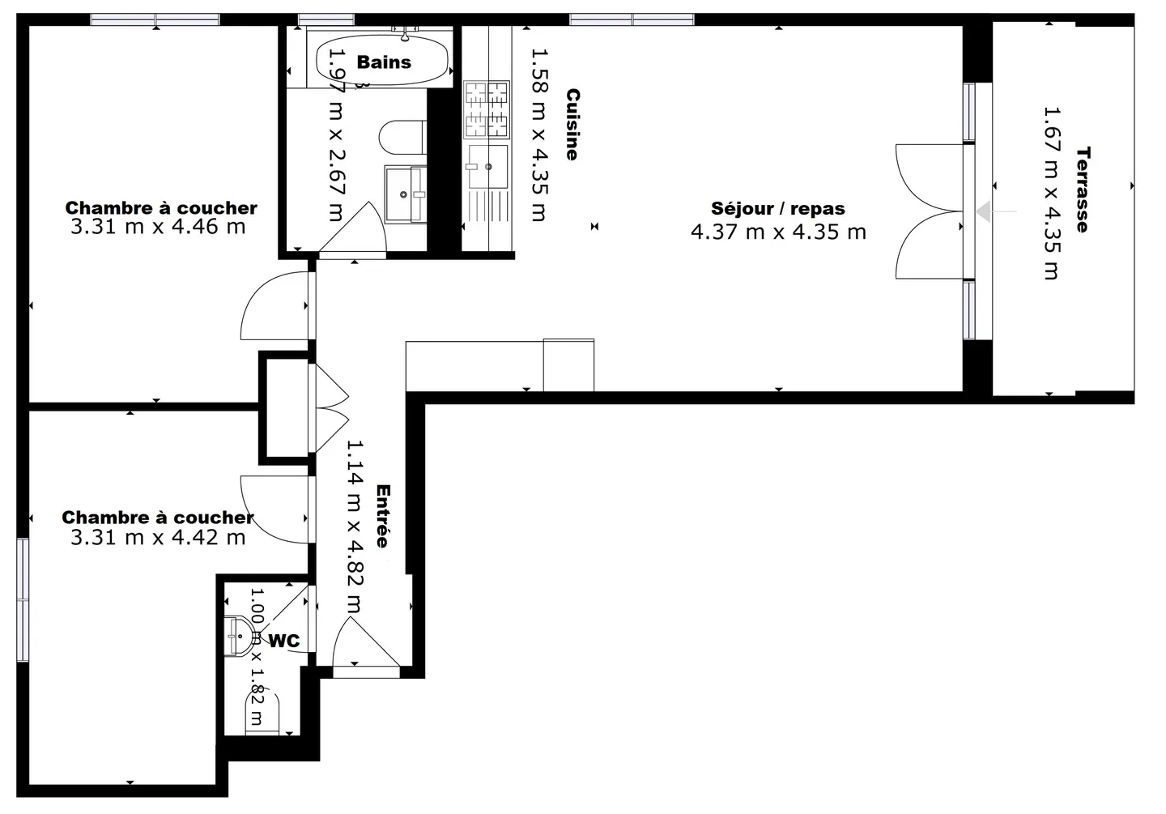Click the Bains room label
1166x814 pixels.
(384, 62)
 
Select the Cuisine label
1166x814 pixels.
(573, 125)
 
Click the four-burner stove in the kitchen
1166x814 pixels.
(487, 109)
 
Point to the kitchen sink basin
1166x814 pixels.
(487, 167)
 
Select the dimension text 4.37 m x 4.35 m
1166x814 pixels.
(778, 232)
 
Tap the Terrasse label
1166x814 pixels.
(1083, 190)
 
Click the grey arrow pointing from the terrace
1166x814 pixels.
(996, 212)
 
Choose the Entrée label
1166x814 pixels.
(383, 516)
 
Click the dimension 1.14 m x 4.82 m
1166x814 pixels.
(355, 526)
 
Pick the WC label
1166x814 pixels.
(284, 641)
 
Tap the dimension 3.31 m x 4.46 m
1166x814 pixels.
(158, 227)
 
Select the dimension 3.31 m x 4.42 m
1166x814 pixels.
(158, 538)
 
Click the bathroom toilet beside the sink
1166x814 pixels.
(402, 138)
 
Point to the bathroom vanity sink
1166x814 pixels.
(406, 194)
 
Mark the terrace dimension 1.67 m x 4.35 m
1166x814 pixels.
(1052, 194)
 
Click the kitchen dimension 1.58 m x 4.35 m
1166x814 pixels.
(539, 135)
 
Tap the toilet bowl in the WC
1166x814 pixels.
(262, 713)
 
